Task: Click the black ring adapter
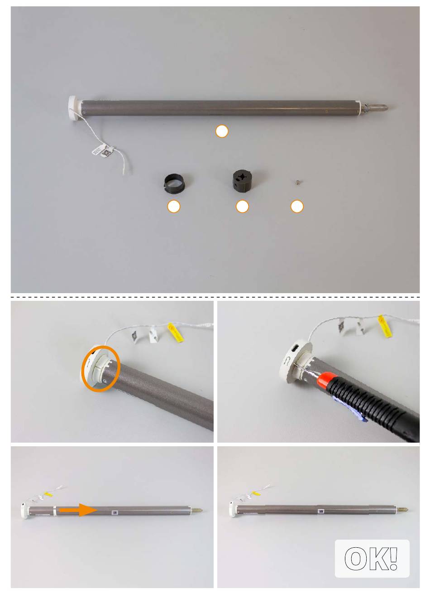(175, 184)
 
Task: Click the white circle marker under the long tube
(222, 131)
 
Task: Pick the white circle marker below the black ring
(174, 206)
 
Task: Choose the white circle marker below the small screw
(297, 206)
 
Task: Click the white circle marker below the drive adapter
(242, 206)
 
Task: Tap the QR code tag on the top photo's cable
(106, 153)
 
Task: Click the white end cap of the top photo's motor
(74, 107)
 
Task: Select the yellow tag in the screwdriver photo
(384, 326)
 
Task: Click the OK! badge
(372, 559)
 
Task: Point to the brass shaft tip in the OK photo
(402, 510)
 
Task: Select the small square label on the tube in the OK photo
(320, 510)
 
